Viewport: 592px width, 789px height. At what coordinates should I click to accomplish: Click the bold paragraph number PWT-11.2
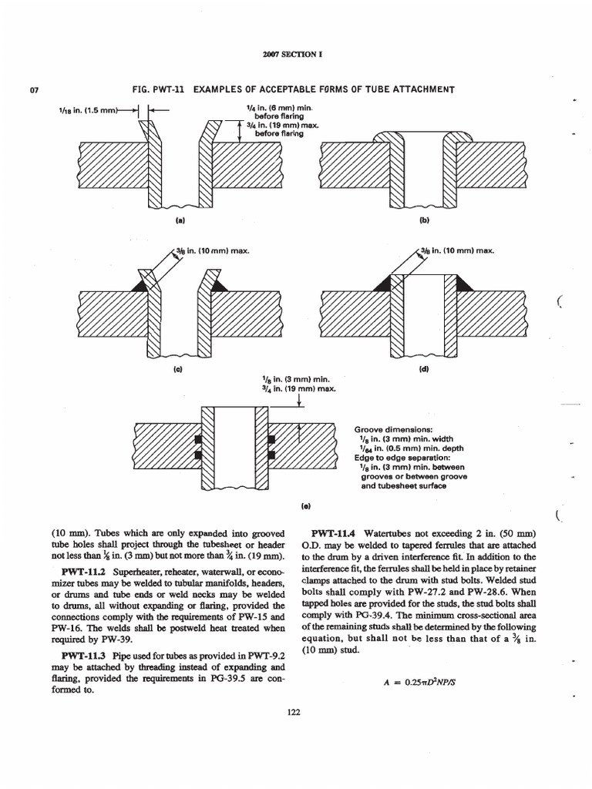coord(82,572)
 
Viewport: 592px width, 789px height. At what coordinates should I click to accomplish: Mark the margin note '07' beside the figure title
coord(34,92)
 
